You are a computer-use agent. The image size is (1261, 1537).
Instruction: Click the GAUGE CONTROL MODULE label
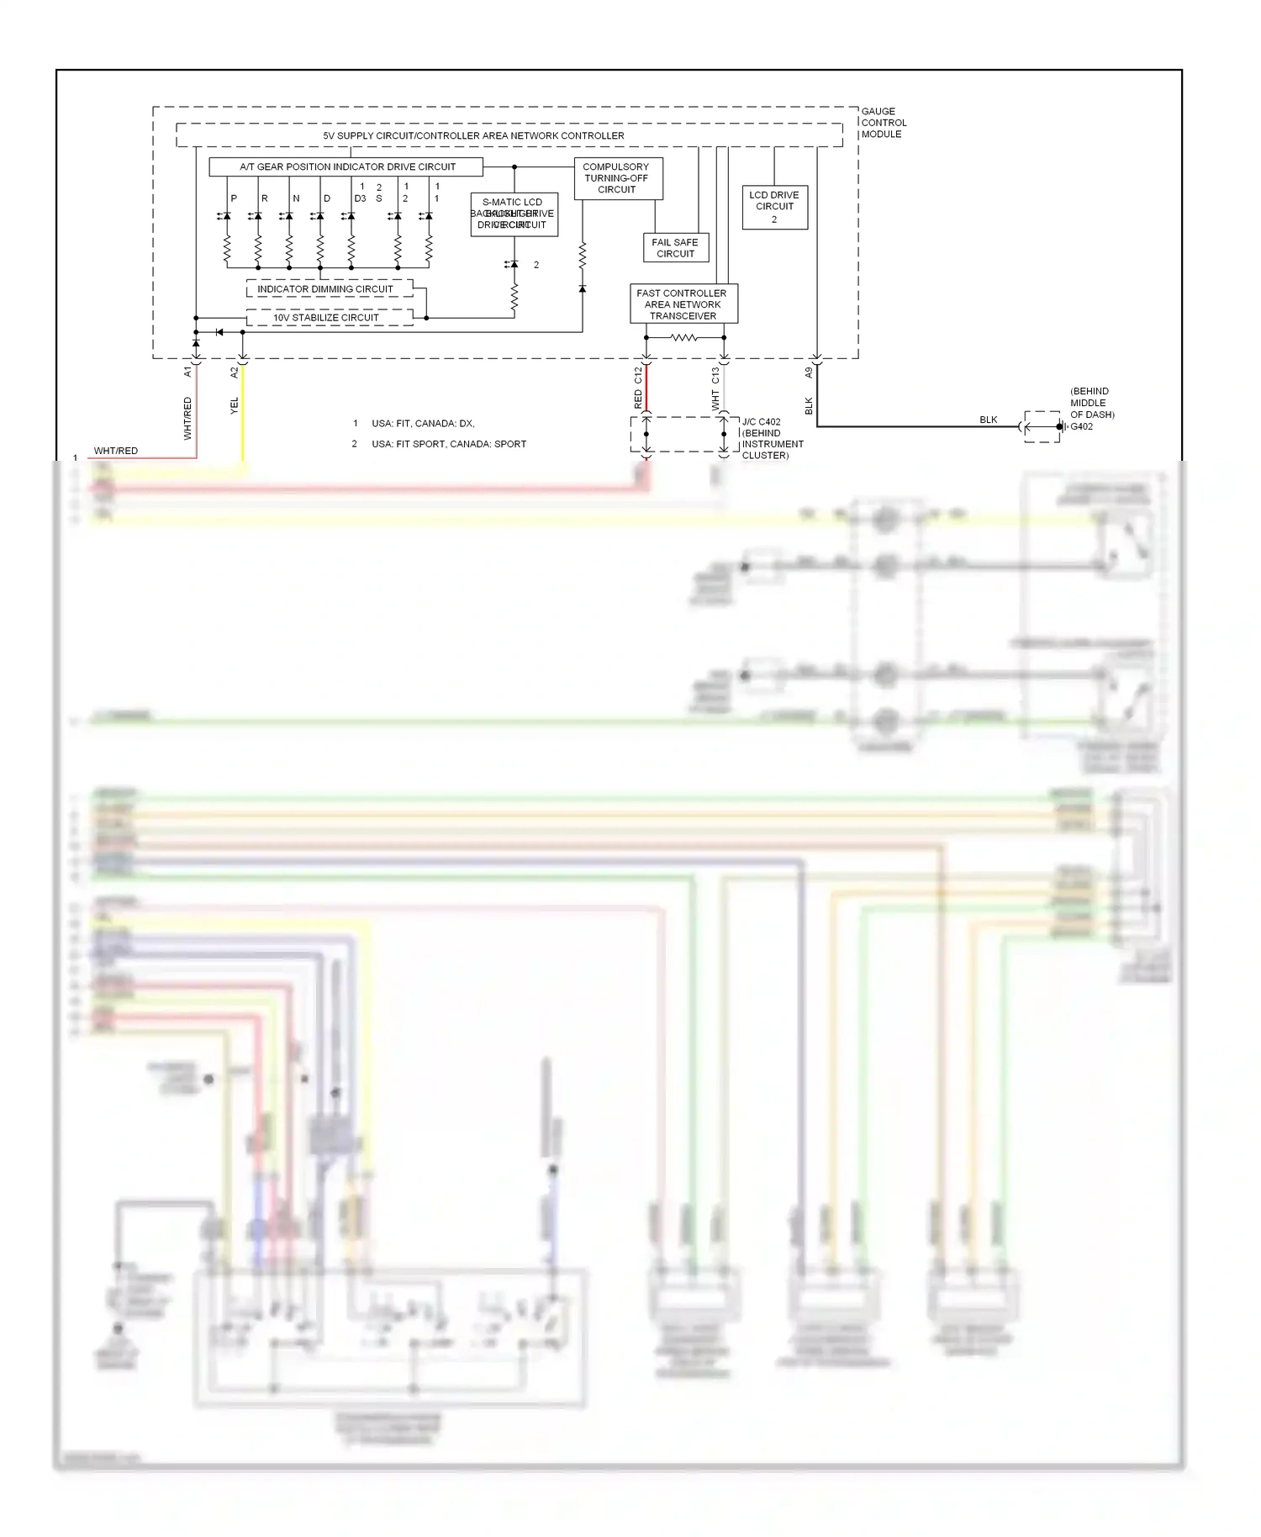coord(883,123)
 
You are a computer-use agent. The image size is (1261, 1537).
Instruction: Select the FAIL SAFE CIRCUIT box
coord(675,248)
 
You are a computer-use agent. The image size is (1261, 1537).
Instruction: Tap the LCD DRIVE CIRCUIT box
coord(774,207)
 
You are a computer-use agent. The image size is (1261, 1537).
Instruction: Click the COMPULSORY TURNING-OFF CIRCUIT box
coord(618,178)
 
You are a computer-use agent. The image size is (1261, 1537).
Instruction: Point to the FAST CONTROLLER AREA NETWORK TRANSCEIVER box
coord(683,304)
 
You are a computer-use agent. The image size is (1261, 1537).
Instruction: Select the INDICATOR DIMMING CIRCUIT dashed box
coord(329,289)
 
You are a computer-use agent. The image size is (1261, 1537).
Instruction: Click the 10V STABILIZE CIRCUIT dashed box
coord(329,318)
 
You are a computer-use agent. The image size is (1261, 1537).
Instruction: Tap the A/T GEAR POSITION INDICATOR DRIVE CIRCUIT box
coord(346,167)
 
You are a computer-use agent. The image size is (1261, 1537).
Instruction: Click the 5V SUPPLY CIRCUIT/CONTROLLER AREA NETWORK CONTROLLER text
coord(473,135)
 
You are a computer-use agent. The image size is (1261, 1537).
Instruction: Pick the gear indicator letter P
coord(234,199)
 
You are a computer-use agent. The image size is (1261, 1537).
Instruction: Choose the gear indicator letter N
coord(296,199)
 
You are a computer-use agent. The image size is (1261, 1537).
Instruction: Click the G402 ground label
coord(1081,427)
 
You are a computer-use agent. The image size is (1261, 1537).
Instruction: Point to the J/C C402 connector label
coord(761,422)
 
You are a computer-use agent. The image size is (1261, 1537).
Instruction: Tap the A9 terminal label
coord(809,372)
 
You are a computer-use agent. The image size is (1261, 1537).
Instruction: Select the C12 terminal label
coord(638,375)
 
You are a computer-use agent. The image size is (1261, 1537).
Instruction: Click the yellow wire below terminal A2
coord(243,429)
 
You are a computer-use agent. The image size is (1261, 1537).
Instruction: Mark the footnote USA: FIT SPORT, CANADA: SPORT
coord(448,444)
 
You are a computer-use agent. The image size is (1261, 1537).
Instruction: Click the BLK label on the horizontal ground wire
coord(989,420)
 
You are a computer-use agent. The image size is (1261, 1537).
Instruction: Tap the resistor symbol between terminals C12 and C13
coord(683,338)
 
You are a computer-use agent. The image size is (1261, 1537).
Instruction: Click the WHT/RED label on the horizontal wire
coord(116,452)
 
